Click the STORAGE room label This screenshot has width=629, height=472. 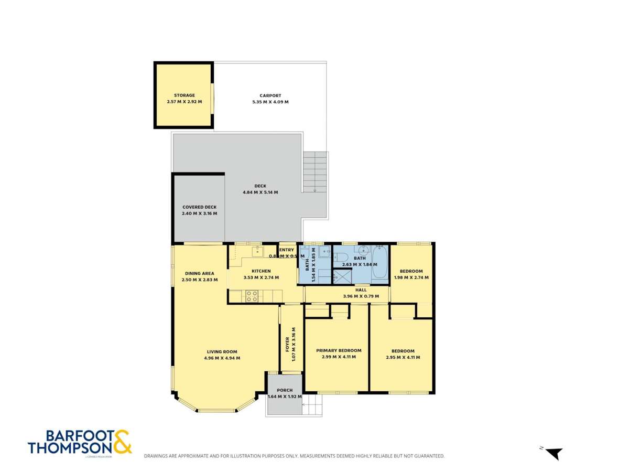[184, 95]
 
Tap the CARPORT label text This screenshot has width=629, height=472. [270, 95]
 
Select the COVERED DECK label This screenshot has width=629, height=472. [199, 207]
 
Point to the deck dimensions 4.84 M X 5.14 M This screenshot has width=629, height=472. [260, 192]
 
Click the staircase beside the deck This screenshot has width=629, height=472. [314, 172]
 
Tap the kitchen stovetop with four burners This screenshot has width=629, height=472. [252, 296]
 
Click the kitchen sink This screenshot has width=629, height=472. [257, 252]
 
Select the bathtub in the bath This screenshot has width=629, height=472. [379, 262]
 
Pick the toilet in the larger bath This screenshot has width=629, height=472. [341, 258]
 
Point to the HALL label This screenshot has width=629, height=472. [361, 289]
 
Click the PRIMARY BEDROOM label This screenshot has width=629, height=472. [339, 350]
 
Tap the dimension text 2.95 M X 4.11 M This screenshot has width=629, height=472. [403, 357]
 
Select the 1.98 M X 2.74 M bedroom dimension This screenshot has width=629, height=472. [411, 277]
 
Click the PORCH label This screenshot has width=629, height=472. [285, 390]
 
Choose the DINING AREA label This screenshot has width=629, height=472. [199, 273]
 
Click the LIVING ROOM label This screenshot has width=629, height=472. [222, 351]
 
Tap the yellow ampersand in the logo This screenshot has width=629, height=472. [122, 442]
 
